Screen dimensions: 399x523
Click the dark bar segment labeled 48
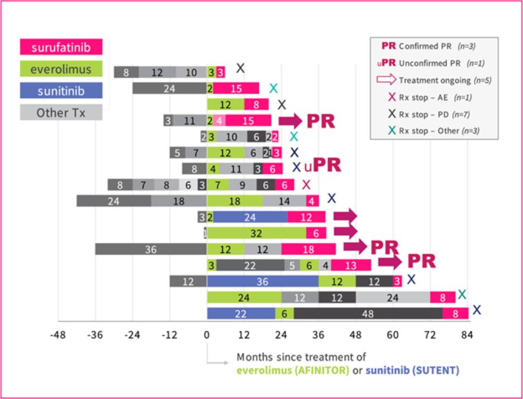point(368,314)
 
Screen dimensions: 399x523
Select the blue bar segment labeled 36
point(262,282)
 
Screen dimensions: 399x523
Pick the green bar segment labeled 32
point(256,233)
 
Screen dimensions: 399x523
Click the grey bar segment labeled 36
point(151,249)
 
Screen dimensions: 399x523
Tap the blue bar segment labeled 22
point(241,314)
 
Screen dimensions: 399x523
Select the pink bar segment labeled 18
point(308,249)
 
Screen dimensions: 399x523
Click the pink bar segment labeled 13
point(351,265)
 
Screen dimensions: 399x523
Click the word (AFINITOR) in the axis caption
point(323,370)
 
